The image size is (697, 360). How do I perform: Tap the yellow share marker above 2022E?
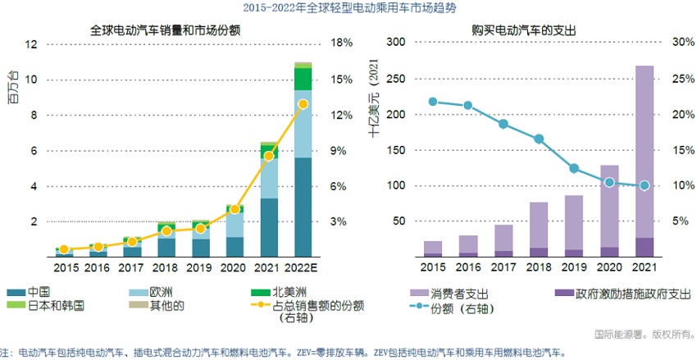(303, 104)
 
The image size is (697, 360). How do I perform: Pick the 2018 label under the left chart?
(166, 267)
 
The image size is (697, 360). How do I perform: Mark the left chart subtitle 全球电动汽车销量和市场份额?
(171, 30)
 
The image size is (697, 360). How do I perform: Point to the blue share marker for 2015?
(433, 102)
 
